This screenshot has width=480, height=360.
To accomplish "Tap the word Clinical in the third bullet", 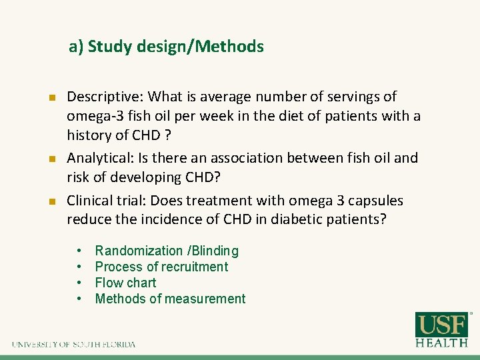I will (x=91, y=201).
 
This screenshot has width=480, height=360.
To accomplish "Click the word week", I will (x=234, y=117).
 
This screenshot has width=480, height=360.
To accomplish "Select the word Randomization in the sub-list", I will (x=139, y=251).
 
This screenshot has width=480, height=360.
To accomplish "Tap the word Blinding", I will (x=215, y=251).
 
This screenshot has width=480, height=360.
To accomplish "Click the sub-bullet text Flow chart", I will (x=125, y=283).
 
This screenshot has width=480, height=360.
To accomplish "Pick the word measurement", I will (x=207, y=299).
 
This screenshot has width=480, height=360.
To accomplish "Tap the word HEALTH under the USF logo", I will (x=441, y=343).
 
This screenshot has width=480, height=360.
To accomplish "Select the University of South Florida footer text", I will (x=73, y=345).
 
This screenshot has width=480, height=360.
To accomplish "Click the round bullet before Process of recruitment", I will (x=79, y=267).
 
